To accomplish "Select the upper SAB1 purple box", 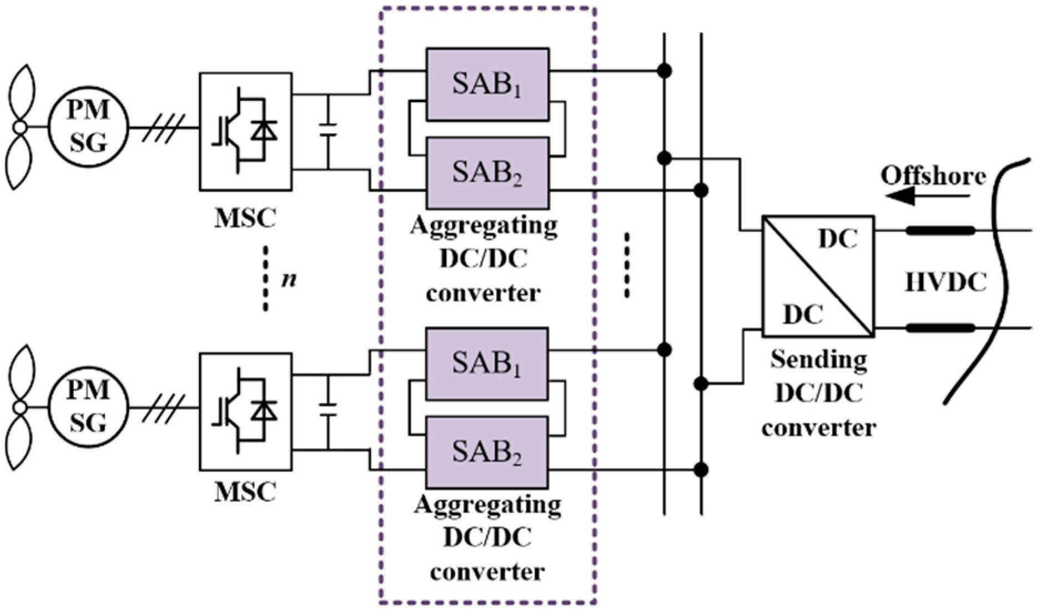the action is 487,84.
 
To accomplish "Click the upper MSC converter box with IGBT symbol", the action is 246,131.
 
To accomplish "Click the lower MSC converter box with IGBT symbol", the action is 246,412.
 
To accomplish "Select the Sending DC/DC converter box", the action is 818,276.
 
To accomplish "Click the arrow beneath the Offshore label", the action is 928,196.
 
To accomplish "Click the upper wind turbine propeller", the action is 21,128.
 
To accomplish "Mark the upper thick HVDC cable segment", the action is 940,230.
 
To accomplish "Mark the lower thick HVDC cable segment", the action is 940,328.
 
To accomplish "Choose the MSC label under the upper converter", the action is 245,218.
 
